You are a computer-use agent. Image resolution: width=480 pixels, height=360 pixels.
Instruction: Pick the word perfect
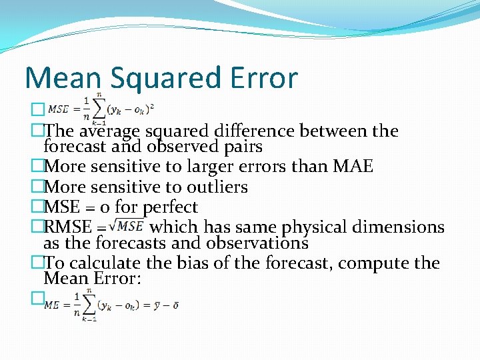click(170, 207)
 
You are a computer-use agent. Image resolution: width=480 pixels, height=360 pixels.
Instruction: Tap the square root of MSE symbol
click(128, 227)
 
